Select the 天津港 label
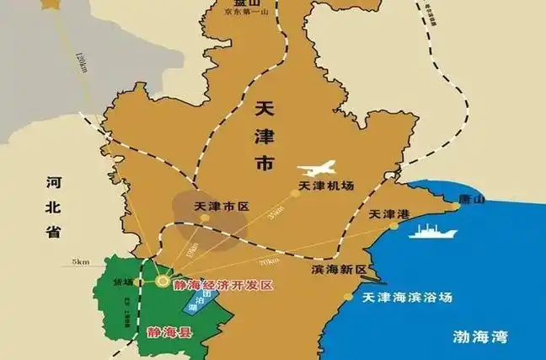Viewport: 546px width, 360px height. [x=388, y=215]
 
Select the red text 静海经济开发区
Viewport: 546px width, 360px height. [x=222, y=285]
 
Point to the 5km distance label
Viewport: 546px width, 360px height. [x=81, y=262]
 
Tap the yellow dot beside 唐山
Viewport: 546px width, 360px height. [x=455, y=205]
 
